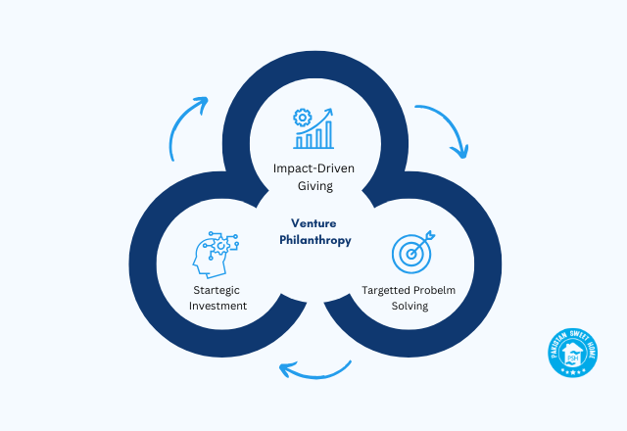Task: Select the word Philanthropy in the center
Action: click(313, 238)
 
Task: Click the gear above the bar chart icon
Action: click(302, 118)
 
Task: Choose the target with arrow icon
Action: click(412, 252)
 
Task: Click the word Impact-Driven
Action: click(313, 168)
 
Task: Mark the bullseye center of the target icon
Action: click(411, 254)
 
